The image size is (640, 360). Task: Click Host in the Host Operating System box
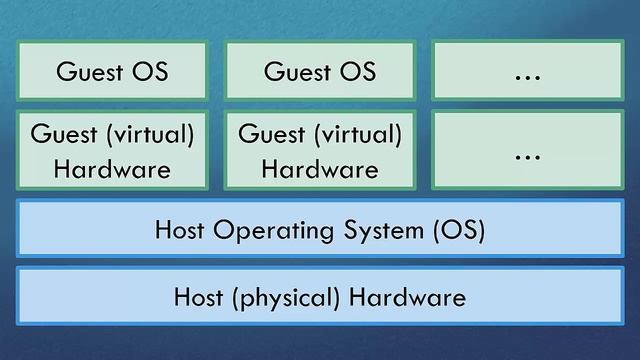pyautogui.click(x=179, y=231)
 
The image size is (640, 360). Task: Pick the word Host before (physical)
pyautogui.click(x=198, y=297)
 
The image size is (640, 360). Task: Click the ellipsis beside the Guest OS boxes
pyautogui.click(x=526, y=71)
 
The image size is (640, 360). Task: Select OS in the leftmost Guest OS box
pyautogui.click(x=150, y=71)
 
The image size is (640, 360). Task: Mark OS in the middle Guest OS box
pyautogui.click(x=358, y=71)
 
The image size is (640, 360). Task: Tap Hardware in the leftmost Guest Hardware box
pyautogui.click(x=112, y=169)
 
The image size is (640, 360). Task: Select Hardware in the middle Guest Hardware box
pyautogui.click(x=320, y=169)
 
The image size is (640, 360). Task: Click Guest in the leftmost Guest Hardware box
pyautogui.click(x=62, y=134)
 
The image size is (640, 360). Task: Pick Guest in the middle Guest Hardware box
pyautogui.click(x=270, y=134)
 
